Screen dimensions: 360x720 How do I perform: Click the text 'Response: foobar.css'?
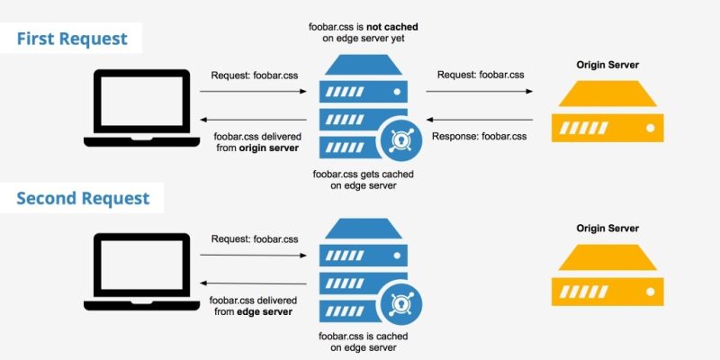pyautogui.click(x=479, y=136)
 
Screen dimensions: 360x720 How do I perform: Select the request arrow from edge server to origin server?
pyautogui.click(x=479, y=93)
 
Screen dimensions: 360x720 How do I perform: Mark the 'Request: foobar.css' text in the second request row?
pyautogui.click(x=254, y=238)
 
